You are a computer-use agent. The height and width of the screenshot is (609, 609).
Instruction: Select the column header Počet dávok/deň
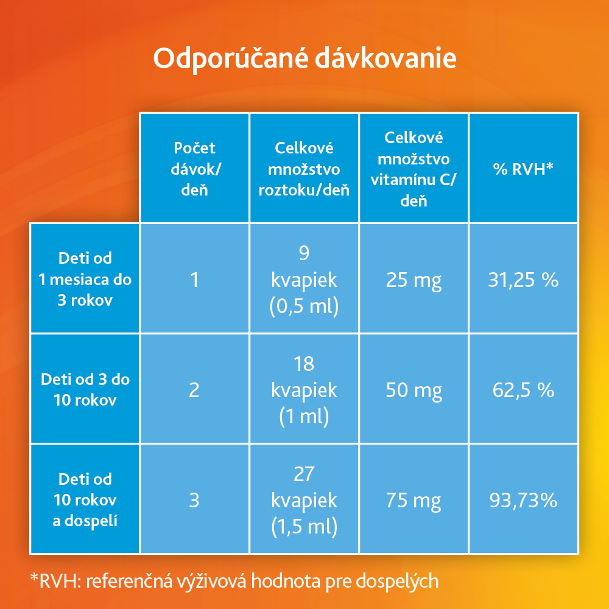(194, 168)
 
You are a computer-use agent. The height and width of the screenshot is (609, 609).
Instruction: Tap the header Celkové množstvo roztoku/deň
(304, 168)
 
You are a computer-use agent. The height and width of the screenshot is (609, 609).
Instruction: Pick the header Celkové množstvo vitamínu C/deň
(414, 168)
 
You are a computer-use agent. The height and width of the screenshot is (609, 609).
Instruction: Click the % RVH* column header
(523, 169)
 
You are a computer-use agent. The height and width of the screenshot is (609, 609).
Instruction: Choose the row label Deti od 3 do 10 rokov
(85, 390)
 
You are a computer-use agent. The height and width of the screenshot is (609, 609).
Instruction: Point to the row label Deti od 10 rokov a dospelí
(85, 500)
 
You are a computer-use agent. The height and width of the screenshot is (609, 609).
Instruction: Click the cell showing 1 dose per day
(194, 280)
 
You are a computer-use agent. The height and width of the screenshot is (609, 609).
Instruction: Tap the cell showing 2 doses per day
(194, 390)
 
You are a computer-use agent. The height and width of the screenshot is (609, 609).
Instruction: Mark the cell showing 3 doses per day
(194, 500)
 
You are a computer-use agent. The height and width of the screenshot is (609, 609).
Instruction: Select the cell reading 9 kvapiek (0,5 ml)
(304, 280)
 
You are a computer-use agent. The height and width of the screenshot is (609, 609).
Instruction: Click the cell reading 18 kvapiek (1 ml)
(304, 390)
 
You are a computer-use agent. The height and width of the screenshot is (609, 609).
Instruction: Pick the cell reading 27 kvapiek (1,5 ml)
(304, 500)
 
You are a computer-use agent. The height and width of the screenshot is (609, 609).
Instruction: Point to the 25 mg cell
(414, 280)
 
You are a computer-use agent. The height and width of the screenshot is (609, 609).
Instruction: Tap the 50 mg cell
(414, 390)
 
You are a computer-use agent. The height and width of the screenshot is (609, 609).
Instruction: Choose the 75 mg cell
(414, 500)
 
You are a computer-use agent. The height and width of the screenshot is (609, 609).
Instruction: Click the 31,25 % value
(523, 280)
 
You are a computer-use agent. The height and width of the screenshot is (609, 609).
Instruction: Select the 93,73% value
(523, 500)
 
